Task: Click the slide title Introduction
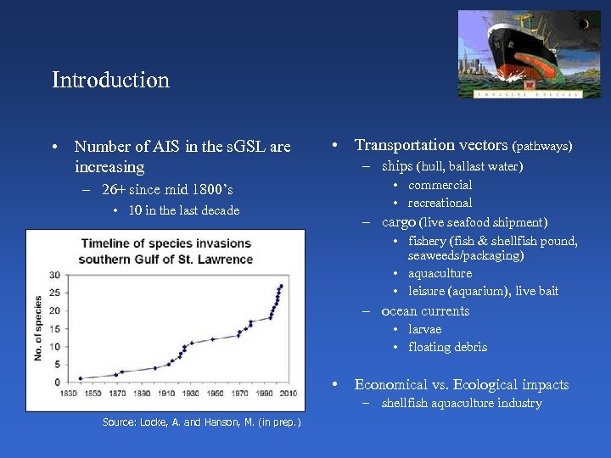[110, 81]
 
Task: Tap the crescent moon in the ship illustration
[586, 25]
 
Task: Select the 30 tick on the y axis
[54, 275]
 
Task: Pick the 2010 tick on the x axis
[289, 394]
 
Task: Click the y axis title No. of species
[38, 328]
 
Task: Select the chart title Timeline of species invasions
[165, 243]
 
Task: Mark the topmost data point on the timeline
[281, 286]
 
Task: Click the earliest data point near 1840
[81, 378]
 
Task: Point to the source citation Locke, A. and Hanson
[201, 422]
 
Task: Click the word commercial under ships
[440, 185]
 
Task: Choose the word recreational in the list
[440, 203]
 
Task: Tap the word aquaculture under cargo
[440, 273]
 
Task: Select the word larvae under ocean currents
[424, 329]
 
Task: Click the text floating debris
[447, 347]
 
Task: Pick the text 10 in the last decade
[183, 210]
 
